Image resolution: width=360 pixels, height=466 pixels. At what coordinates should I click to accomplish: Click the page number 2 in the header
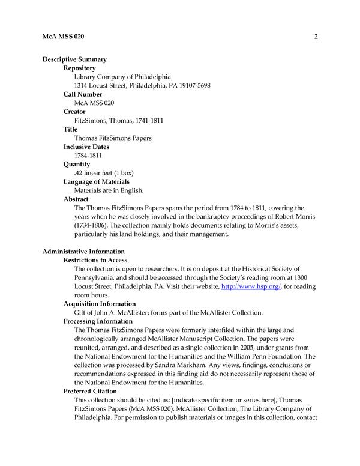pyautogui.click(x=315, y=37)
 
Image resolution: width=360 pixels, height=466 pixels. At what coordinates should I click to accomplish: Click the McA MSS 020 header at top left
pyautogui.click(x=63, y=37)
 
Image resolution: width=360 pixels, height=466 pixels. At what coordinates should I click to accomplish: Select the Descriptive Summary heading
pyautogui.click(x=74, y=59)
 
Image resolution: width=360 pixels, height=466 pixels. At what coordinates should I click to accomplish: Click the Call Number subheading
pyautogui.click(x=83, y=95)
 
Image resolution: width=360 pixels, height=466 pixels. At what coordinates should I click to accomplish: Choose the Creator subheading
pyautogui.click(x=75, y=112)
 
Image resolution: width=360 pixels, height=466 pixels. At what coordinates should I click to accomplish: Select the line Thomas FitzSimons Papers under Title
pyautogui.click(x=112, y=138)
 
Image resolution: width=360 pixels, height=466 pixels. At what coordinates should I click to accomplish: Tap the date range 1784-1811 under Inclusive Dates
pyautogui.click(x=88, y=156)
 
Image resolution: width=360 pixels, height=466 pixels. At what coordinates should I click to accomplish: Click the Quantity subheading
pyautogui.click(x=77, y=164)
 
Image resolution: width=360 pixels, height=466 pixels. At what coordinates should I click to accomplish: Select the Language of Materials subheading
pyautogui.click(x=97, y=181)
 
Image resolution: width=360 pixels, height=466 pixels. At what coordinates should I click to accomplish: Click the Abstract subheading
pyautogui.click(x=76, y=199)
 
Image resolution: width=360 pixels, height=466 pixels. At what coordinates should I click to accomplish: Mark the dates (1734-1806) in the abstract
pyautogui.click(x=93, y=225)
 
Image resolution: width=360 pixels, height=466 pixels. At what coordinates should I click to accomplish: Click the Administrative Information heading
pyautogui.click(x=83, y=252)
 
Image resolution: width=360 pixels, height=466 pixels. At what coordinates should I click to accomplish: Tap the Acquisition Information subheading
pyautogui.click(x=100, y=304)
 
